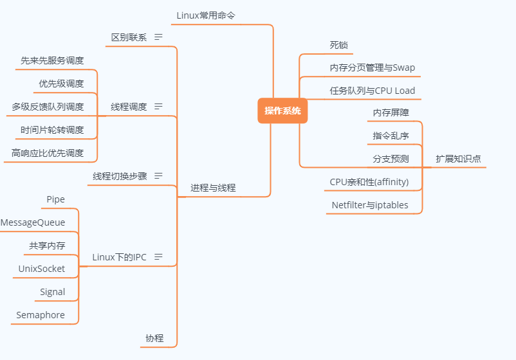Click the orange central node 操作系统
(282, 111)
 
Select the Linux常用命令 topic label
(202, 15)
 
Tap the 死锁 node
(338, 44)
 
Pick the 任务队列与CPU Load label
(373, 91)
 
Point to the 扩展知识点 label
(458, 158)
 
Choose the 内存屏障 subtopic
(391, 113)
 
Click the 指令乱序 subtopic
(391, 136)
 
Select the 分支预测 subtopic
(391, 158)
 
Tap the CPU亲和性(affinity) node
(369, 182)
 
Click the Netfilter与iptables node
(369, 205)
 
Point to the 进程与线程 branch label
(213, 188)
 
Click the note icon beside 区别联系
(158, 37)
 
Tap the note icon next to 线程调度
(158, 107)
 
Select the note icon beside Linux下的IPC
(158, 257)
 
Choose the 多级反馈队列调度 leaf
(48, 107)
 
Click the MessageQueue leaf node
(33, 222)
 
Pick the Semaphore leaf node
(41, 315)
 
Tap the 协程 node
(154, 338)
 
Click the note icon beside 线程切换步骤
(158, 175)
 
